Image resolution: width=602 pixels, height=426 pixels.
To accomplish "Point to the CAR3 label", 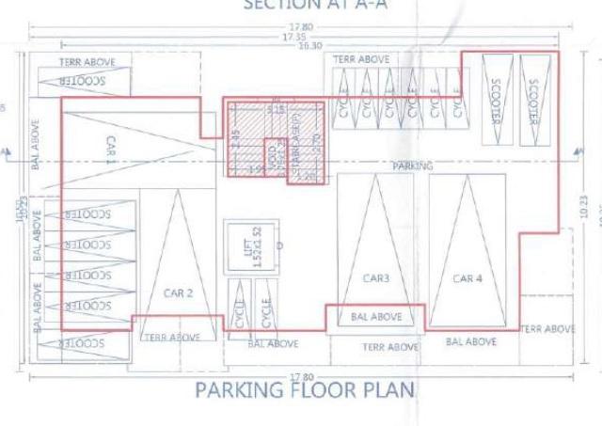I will point(376,278).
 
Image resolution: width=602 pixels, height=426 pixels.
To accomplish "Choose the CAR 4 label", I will point(467,278).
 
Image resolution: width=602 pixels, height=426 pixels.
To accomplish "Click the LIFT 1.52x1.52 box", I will point(250,247).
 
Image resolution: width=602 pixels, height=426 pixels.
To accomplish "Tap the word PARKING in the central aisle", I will point(412,166).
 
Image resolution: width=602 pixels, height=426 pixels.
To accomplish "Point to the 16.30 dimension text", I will point(309,45).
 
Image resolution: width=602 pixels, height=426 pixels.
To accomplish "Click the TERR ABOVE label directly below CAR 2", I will point(170,337).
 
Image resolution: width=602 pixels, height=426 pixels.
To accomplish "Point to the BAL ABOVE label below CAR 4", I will point(471,342).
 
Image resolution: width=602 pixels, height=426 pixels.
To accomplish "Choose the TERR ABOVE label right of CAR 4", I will point(547,329).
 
